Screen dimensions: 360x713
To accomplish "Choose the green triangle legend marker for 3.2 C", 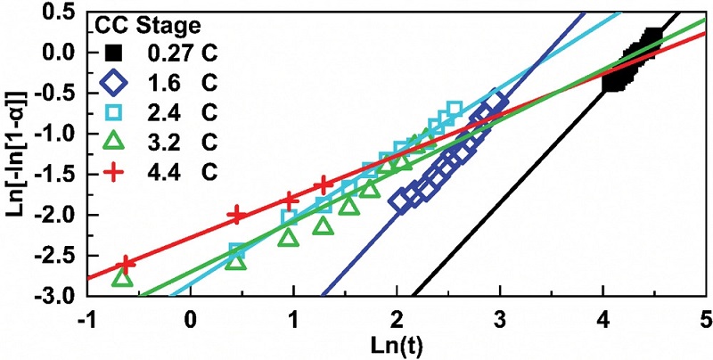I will click(114, 140).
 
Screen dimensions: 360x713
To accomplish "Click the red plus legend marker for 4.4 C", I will click(114, 168).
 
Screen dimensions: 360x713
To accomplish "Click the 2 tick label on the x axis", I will click(396, 319).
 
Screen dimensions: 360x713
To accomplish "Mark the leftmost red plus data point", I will click(126, 264).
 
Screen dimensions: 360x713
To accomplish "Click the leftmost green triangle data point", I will click(123, 277).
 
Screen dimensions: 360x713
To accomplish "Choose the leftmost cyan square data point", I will click(237, 251).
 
